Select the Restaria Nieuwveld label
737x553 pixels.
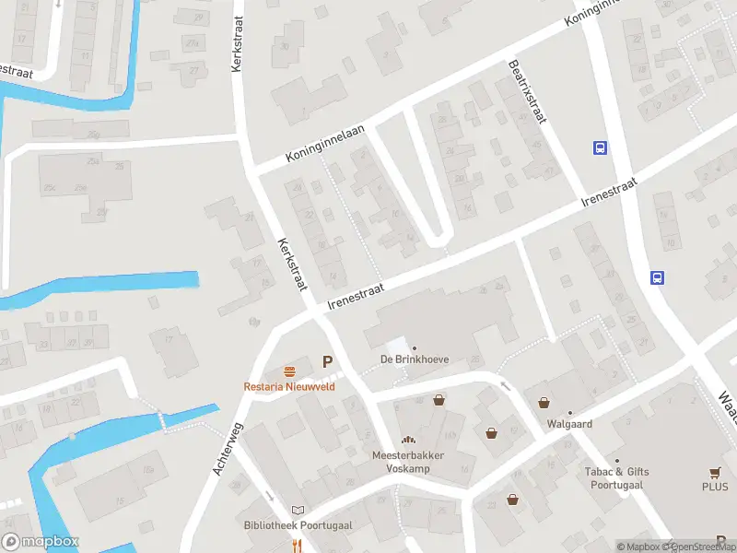coord(289,386)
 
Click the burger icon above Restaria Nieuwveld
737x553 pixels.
coord(289,371)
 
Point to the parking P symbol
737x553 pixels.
coord(326,362)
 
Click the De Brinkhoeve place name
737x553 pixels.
coord(414,359)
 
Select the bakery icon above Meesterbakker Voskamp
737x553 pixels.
coord(407,441)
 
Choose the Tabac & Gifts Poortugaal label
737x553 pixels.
coord(616,478)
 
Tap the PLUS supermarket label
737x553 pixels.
coord(714,487)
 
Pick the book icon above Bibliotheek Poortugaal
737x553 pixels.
coord(297,510)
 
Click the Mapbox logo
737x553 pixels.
coord(41,542)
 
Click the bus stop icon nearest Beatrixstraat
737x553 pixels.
coord(600,147)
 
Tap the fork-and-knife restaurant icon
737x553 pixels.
coord(297,546)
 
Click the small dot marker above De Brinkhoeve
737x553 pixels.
coord(414,347)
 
